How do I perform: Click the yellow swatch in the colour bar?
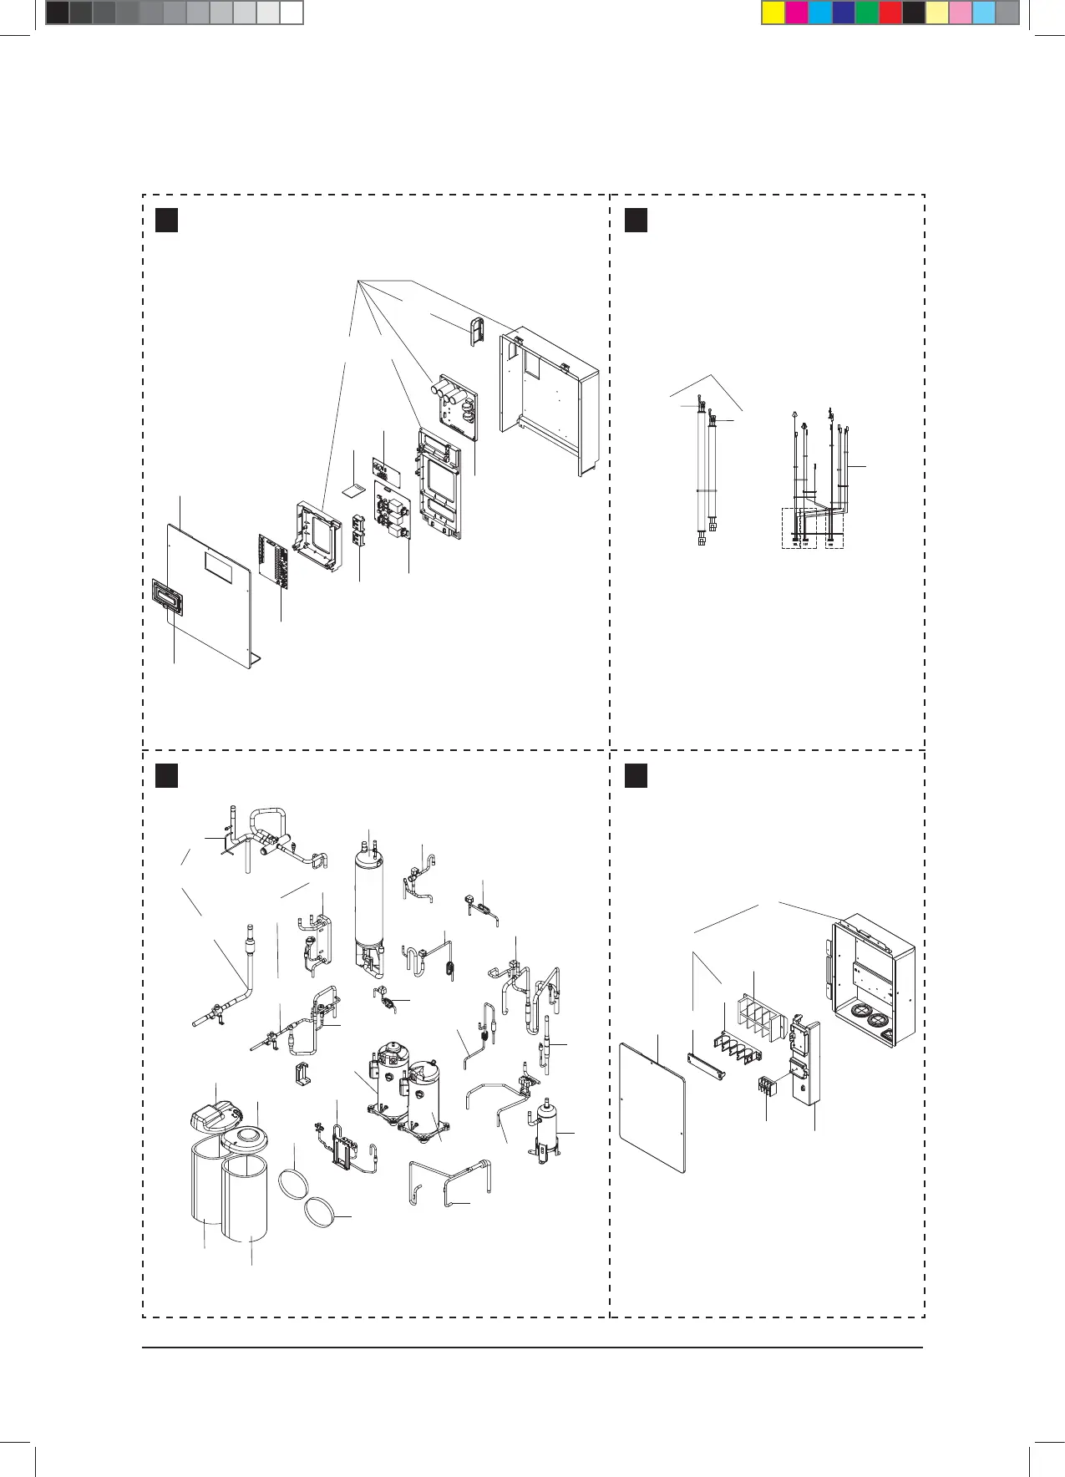pyautogui.click(x=773, y=13)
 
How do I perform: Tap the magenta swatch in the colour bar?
pyautogui.click(x=797, y=13)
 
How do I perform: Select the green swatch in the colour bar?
pyautogui.click(x=867, y=13)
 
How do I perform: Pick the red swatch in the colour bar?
pyautogui.click(x=890, y=13)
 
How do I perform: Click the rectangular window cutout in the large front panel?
pyautogui.click(x=218, y=569)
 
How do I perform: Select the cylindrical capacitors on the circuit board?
pyautogui.click(x=447, y=390)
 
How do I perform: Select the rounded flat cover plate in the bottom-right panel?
pyautogui.click(x=652, y=1108)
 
